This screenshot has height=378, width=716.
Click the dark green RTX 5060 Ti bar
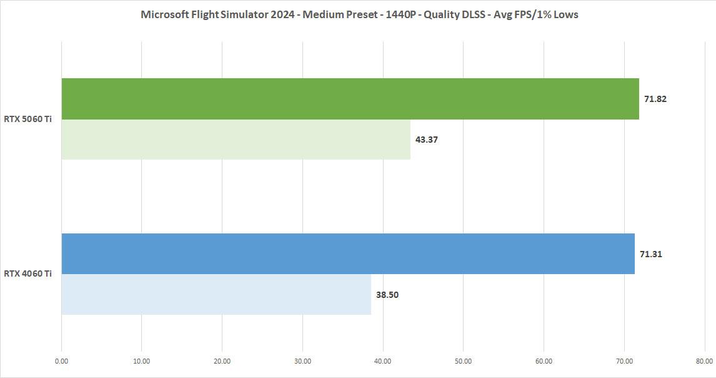tap(350, 99)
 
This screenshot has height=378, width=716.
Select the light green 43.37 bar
tap(236, 140)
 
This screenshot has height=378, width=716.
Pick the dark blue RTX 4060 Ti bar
tap(347, 253)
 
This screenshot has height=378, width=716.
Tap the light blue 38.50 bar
tap(216, 294)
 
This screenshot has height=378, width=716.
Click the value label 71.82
tap(655, 99)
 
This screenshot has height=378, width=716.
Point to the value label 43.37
tap(427, 140)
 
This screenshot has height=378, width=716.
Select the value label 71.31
tap(651, 254)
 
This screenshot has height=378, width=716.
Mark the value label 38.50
tap(387, 295)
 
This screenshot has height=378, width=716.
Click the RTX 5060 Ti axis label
tap(28, 119)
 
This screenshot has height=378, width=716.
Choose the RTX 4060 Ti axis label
tap(28, 273)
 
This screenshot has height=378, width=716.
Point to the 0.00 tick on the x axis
tap(61, 361)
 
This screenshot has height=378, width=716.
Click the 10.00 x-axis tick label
tap(142, 361)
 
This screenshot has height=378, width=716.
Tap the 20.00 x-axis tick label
tap(222, 361)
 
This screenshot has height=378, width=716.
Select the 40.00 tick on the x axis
tap(383, 361)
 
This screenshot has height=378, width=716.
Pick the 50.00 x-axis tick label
tap(463, 361)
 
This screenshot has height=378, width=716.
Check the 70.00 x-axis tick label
tap(624, 361)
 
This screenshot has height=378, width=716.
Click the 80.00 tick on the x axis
tap(704, 361)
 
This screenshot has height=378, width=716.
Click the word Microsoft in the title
tap(164, 14)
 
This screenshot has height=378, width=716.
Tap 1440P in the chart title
tap(401, 14)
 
